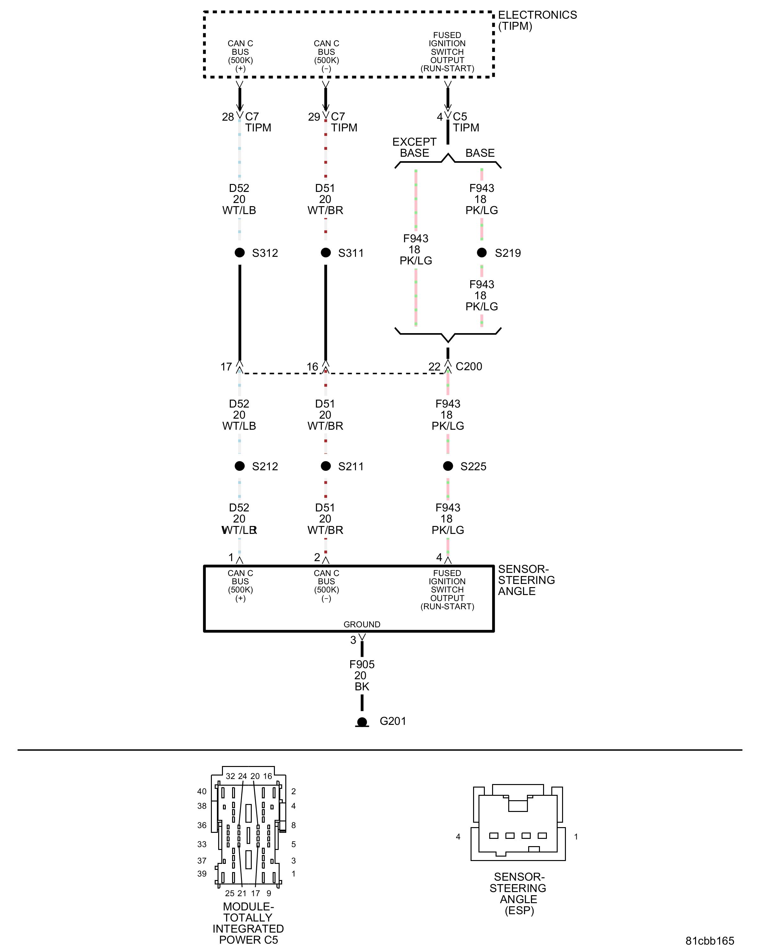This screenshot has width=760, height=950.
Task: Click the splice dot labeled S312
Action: point(240,252)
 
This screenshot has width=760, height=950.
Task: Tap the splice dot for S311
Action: point(326,252)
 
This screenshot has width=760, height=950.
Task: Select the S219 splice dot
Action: point(482,252)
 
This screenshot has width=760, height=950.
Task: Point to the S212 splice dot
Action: point(240,466)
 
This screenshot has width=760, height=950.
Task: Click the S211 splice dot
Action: point(326,466)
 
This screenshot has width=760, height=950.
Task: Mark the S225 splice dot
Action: point(448,466)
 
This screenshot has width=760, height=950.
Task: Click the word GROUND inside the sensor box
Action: point(362,624)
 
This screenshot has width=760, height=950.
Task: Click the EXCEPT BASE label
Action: point(414,148)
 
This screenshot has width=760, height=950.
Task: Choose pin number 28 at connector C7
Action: point(228,117)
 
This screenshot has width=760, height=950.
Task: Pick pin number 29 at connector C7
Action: point(314,117)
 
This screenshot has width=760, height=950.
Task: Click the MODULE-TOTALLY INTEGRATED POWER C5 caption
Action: point(248,923)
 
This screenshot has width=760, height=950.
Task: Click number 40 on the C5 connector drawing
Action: point(202,791)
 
